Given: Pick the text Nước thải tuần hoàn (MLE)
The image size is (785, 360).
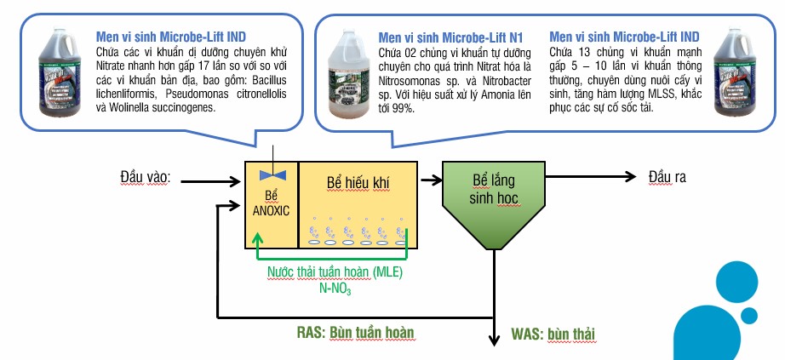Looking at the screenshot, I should click(335, 273).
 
